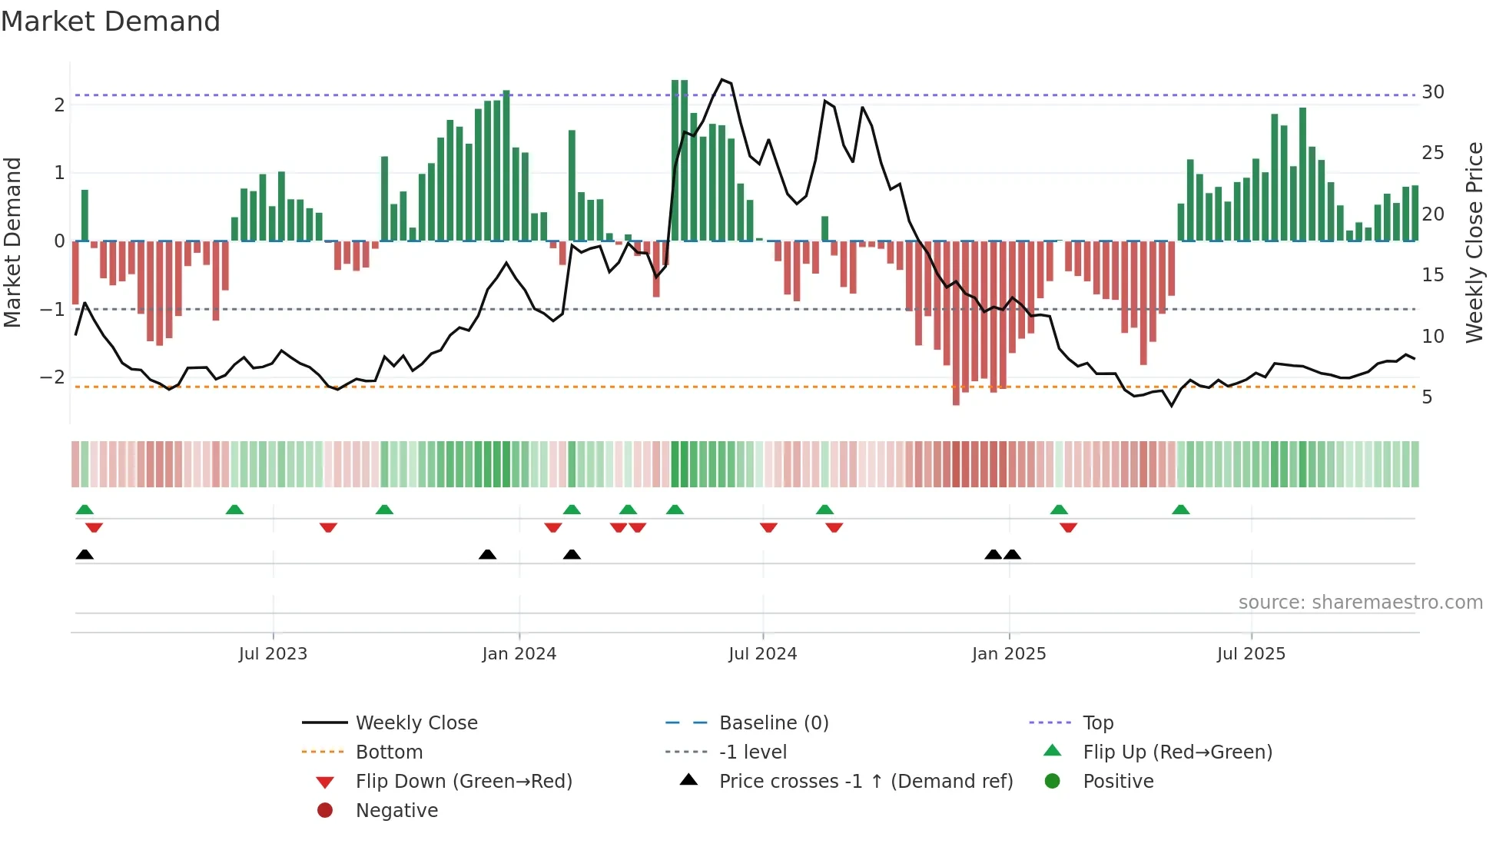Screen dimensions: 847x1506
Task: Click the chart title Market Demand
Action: tap(111, 22)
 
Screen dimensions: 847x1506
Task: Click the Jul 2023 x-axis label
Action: tap(273, 654)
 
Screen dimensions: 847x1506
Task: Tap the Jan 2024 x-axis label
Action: tap(519, 654)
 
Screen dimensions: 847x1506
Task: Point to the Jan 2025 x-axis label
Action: tap(1008, 654)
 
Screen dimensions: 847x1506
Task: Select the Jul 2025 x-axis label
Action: tap(1251, 654)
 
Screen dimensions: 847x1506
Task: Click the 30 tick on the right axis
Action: tap(1433, 92)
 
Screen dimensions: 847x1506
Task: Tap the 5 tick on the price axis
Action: tap(1427, 397)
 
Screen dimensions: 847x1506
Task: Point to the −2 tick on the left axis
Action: tap(52, 377)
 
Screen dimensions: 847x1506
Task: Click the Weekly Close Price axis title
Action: tap(1474, 242)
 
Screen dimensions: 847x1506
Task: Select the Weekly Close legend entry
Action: tap(416, 723)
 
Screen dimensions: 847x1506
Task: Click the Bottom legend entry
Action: tap(389, 752)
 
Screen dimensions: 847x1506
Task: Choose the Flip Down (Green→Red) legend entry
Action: tap(463, 782)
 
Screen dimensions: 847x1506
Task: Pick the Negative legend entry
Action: tap(396, 811)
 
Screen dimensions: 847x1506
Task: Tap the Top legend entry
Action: tap(1098, 723)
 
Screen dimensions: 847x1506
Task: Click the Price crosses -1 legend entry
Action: tap(865, 782)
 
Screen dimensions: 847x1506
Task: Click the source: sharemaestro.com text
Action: tap(1360, 603)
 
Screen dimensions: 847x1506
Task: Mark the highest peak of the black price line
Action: tap(721, 79)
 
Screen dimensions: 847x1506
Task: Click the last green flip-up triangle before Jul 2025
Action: tap(1181, 510)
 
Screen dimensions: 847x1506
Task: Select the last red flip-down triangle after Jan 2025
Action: tap(1068, 527)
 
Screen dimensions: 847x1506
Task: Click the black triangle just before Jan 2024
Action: tap(487, 554)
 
